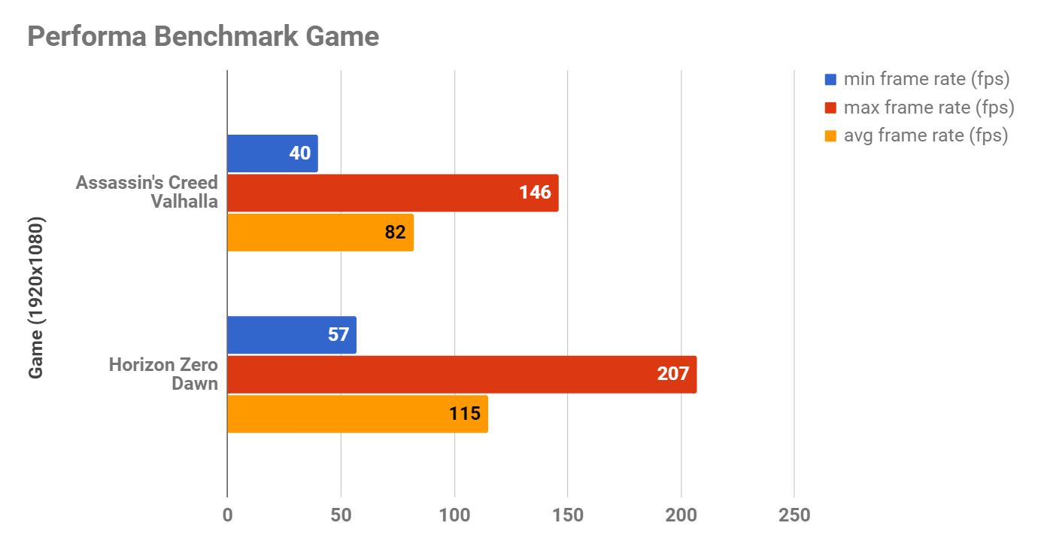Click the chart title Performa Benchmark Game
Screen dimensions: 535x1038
click(x=203, y=36)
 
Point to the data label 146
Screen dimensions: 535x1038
click(x=535, y=193)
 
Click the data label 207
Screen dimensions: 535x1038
click(x=672, y=374)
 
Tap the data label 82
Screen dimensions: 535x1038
click(x=395, y=233)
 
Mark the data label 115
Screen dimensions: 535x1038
click(x=465, y=414)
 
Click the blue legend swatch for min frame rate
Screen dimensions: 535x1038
click(x=830, y=79)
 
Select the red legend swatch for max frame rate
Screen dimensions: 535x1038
click(x=830, y=108)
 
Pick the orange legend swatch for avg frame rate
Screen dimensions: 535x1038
click(x=830, y=136)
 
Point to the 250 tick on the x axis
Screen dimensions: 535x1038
click(x=794, y=515)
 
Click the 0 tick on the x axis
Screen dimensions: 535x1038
click(x=227, y=515)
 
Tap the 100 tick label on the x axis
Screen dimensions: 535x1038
click(x=454, y=515)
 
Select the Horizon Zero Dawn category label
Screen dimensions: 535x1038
click(x=163, y=374)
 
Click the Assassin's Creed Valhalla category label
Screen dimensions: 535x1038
click(x=147, y=192)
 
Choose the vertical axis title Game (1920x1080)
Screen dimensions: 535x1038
click(x=37, y=298)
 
